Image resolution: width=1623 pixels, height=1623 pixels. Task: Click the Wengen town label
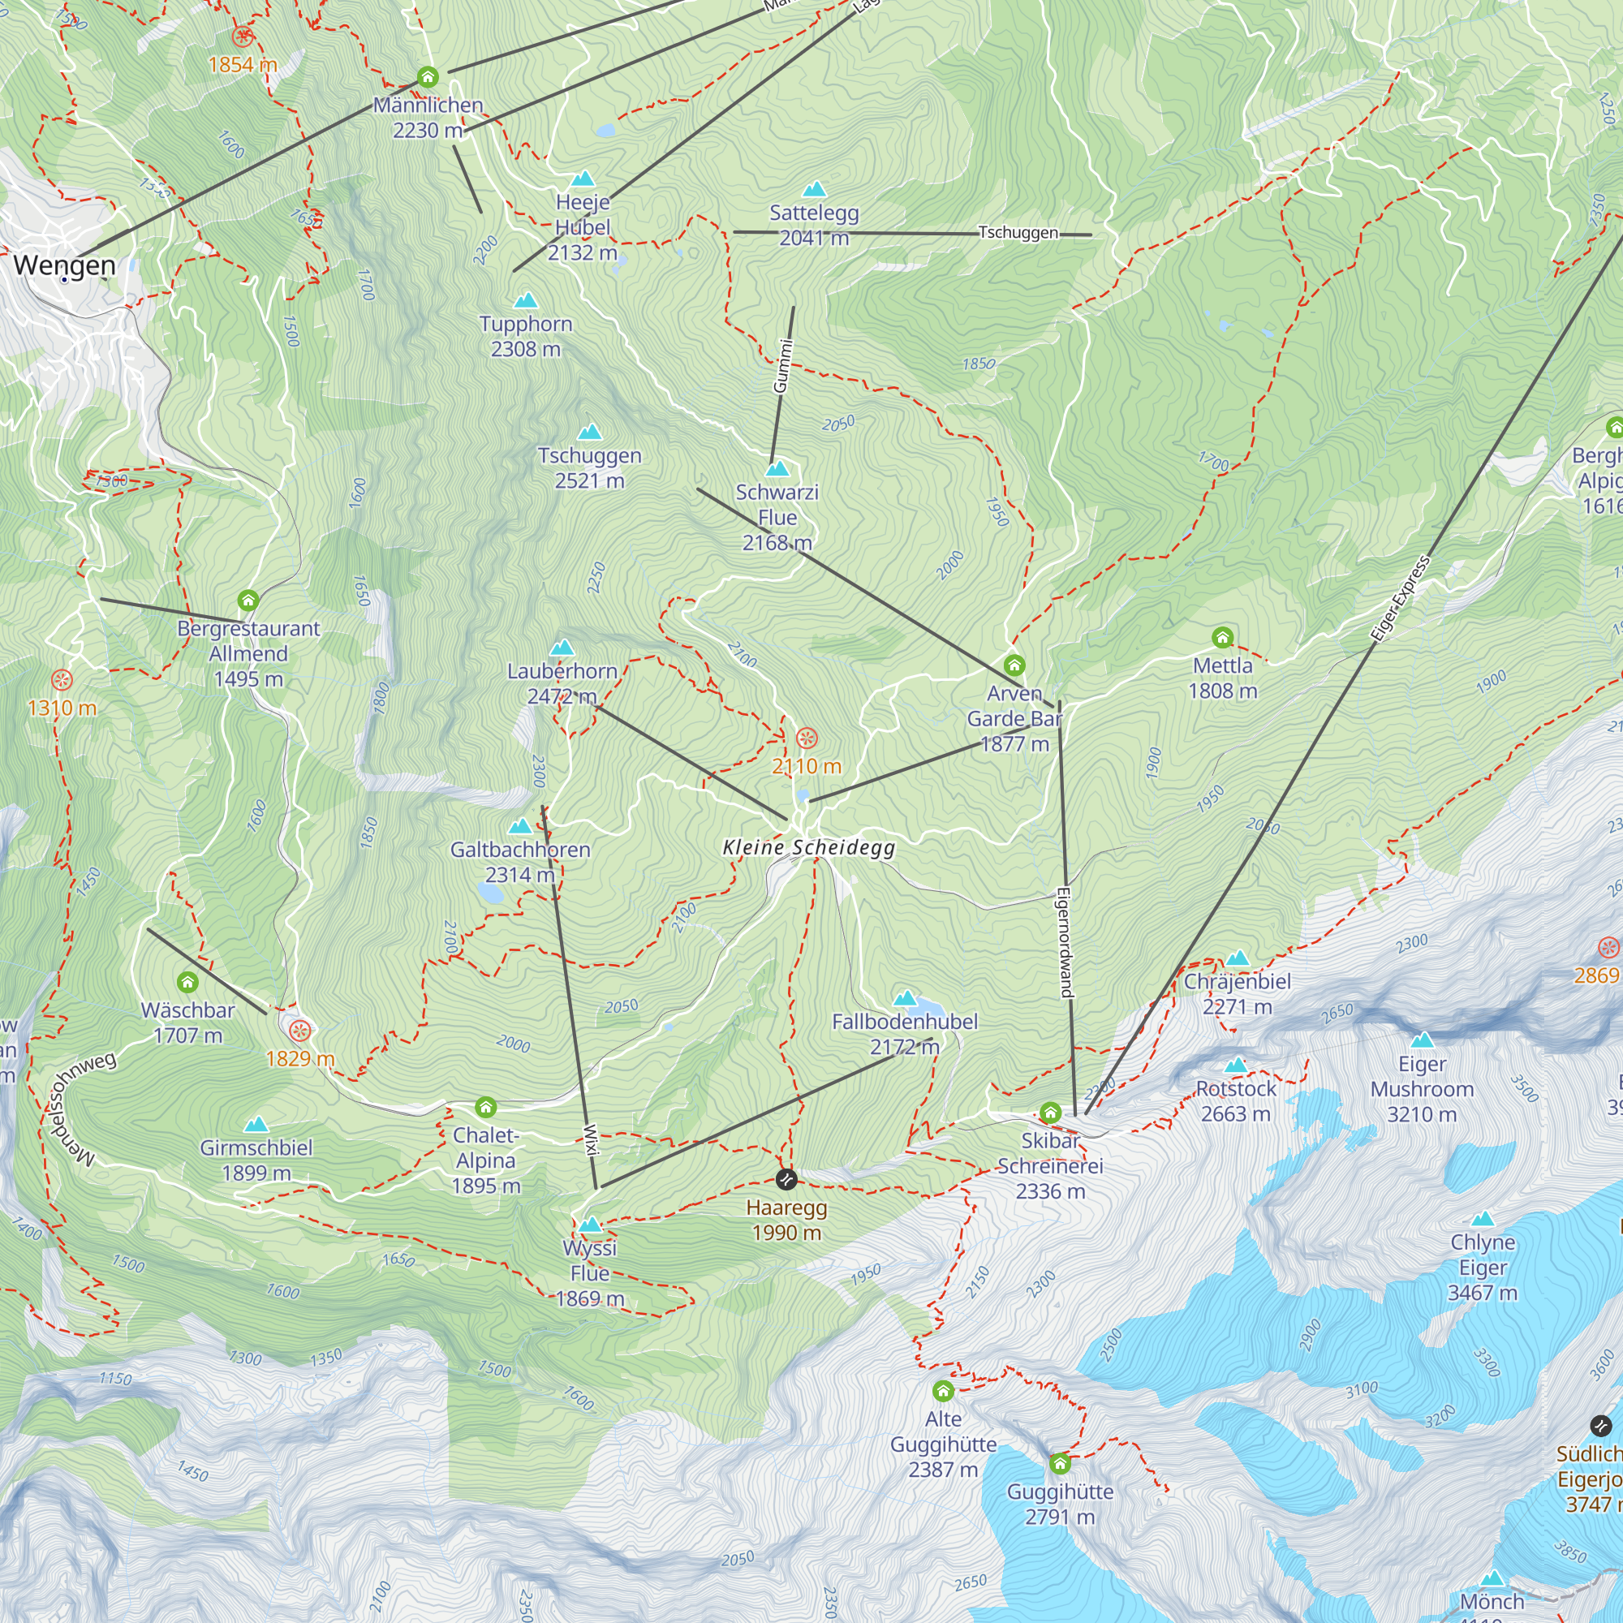[x=65, y=265]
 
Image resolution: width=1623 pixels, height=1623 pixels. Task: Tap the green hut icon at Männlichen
[x=428, y=77]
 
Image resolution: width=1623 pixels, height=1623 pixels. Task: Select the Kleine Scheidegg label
[x=809, y=848]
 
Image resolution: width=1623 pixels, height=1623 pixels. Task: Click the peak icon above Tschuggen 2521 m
[x=590, y=432]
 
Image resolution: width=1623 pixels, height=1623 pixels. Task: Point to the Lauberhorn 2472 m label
[x=562, y=684]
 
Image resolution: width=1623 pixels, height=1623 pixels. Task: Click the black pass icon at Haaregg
[x=786, y=1179]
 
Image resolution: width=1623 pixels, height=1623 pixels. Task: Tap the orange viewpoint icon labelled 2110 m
[x=807, y=738]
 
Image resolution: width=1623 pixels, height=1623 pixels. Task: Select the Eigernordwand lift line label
[x=1065, y=941]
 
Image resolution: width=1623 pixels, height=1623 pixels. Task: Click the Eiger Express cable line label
[x=1400, y=599]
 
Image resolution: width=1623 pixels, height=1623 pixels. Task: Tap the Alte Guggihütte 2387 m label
[x=944, y=1444]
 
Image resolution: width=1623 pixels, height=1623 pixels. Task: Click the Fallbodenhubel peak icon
[x=905, y=998]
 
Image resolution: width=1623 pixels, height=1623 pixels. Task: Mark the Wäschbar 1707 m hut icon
[x=187, y=981]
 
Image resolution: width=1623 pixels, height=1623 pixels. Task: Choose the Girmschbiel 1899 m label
[x=256, y=1160]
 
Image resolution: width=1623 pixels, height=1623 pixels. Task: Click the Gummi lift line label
[x=782, y=365]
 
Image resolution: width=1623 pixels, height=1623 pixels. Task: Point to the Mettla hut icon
[x=1222, y=637]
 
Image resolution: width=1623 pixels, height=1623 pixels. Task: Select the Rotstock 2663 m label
[x=1236, y=1100]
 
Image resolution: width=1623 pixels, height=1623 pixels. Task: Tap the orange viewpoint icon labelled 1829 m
[x=300, y=1030]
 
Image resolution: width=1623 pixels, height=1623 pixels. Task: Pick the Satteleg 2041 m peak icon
[x=814, y=189]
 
